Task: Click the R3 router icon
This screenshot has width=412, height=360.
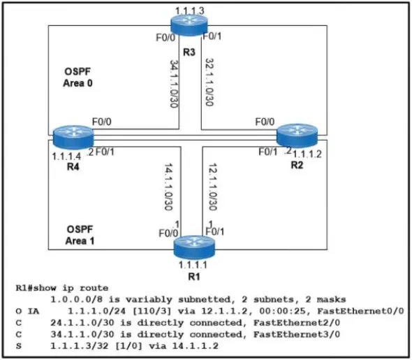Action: pos(189,24)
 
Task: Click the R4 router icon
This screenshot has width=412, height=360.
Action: pos(73,137)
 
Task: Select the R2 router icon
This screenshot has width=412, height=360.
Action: pos(297,135)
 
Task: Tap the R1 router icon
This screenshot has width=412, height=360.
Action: pos(194,247)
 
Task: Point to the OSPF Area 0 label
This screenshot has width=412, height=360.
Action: pos(78,78)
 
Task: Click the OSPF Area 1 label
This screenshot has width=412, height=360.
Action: pos(80,235)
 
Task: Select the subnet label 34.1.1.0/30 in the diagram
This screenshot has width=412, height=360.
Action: pos(174,84)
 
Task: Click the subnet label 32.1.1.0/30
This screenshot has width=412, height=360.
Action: pos(209,82)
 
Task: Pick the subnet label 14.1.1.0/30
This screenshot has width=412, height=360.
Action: pos(168,187)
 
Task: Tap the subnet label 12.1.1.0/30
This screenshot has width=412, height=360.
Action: pos(212,187)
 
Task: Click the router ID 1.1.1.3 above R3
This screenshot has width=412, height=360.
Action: pos(189,11)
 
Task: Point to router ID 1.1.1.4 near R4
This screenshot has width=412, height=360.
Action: pos(66,157)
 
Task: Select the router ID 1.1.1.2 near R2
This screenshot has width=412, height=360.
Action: pos(307,154)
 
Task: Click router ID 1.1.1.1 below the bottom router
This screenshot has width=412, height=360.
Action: pos(193,265)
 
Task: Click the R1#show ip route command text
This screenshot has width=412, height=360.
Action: pos(62,288)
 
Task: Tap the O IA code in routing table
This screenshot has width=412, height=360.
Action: pos(27,311)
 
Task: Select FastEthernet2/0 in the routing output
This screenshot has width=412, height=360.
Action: pos(297,323)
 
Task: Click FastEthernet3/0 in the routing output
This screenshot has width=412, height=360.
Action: pos(297,334)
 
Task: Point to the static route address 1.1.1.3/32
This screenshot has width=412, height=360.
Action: pos(80,346)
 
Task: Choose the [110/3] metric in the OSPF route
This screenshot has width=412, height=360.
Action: pos(152,311)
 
